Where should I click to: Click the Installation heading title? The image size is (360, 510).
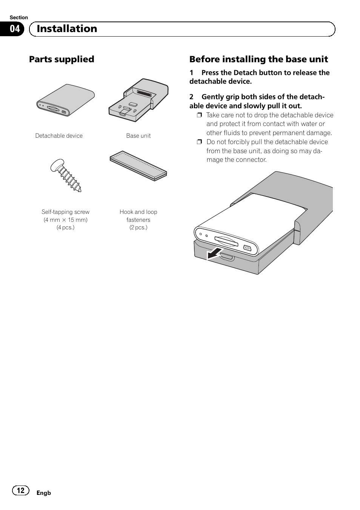click(x=67, y=29)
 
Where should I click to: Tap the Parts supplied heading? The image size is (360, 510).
click(x=62, y=59)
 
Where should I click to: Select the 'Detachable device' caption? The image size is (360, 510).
click(x=59, y=136)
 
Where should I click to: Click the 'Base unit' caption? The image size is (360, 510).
click(x=138, y=136)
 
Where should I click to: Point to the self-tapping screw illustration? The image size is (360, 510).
click(x=66, y=175)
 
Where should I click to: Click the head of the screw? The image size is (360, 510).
click(x=57, y=165)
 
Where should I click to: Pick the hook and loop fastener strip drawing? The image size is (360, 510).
click(x=138, y=166)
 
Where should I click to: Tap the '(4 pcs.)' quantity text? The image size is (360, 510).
click(x=66, y=227)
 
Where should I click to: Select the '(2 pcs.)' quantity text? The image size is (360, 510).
click(x=138, y=227)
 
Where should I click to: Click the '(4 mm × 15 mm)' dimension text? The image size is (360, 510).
click(x=66, y=220)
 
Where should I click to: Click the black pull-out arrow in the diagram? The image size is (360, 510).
click(x=214, y=254)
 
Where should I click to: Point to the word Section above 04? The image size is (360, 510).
click(x=18, y=17)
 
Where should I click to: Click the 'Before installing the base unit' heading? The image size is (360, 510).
click(x=258, y=59)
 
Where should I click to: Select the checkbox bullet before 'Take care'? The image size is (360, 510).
click(x=200, y=115)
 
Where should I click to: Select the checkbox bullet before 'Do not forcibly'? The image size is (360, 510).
click(x=200, y=142)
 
